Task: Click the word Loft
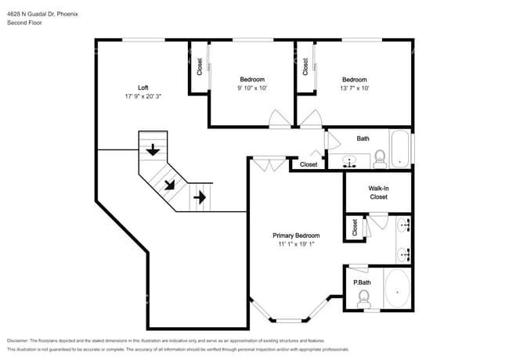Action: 143,88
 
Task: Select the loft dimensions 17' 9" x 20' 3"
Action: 143,97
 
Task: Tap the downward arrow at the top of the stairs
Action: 153,149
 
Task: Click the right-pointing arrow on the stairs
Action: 200,197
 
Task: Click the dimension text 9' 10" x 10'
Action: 252,88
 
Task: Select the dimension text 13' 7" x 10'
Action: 354,88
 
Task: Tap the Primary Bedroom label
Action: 296,236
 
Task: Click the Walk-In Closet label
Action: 378,193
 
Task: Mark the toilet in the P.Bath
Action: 363,297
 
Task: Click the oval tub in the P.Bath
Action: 398,290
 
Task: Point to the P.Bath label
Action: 361,283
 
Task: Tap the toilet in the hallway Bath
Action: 379,159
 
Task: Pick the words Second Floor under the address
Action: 25,23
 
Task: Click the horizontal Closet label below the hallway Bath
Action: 309,164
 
